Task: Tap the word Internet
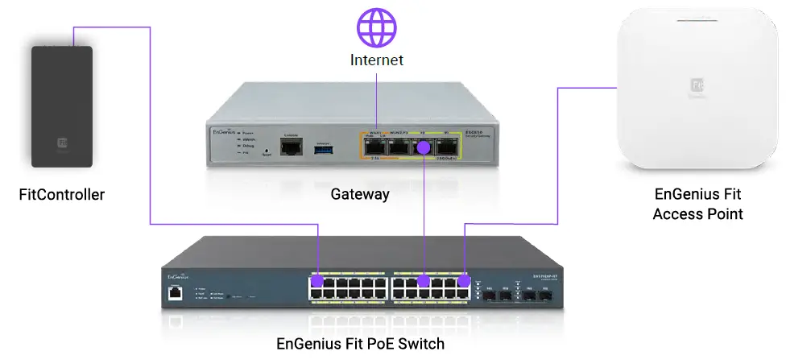[x=376, y=60]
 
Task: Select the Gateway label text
[x=360, y=194]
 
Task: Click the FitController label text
[x=62, y=194]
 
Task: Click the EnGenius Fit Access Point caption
[x=697, y=204]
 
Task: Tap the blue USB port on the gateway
[x=322, y=147]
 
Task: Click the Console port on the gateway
[x=292, y=146]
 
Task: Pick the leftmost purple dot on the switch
[x=317, y=282]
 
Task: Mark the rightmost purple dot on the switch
[x=465, y=281]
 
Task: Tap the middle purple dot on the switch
[x=423, y=282]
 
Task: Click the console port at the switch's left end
[x=175, y=293]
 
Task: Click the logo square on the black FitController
[x=62, y=143]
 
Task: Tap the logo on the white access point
[x=697, y=84]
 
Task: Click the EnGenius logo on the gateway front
[x=221, y=130]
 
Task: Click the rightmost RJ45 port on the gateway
[x=447, y=147]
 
